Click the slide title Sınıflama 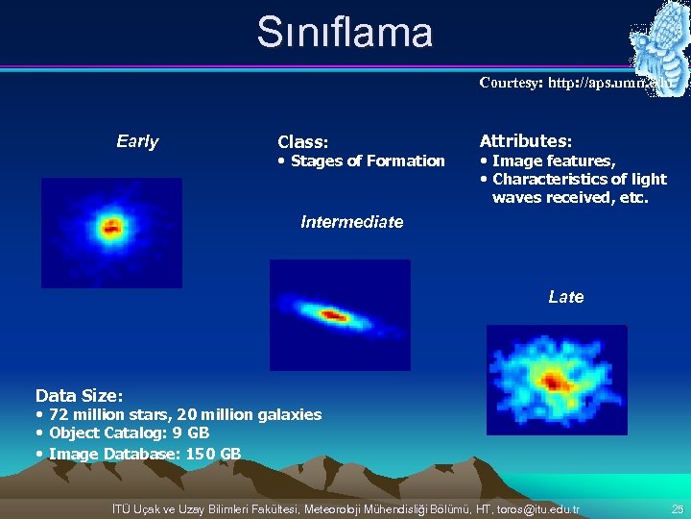pyautogui.click(x=345, y=33)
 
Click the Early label pyautogui.click(x=137, y=142)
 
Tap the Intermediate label pyautogui.click(x=351, y=222)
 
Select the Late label pyautogui.click(x=565, y=297)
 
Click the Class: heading pyautogui.click(x=302, y=142)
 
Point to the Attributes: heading pyautogui.click(x=525, y=141)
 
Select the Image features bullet pyautogui.click(x=553, y=161)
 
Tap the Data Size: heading pyautogui.click(x=79, y=395)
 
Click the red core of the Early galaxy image pyautogui.click(x=111, y=229)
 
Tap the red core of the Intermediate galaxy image pyautogui.click(x=333, y=314)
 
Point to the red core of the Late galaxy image pyautogui.click(x=553, y=381)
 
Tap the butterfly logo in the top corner pyautogui.click(x=657, y=43)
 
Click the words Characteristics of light pyautogui.click(x=579, y=180)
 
